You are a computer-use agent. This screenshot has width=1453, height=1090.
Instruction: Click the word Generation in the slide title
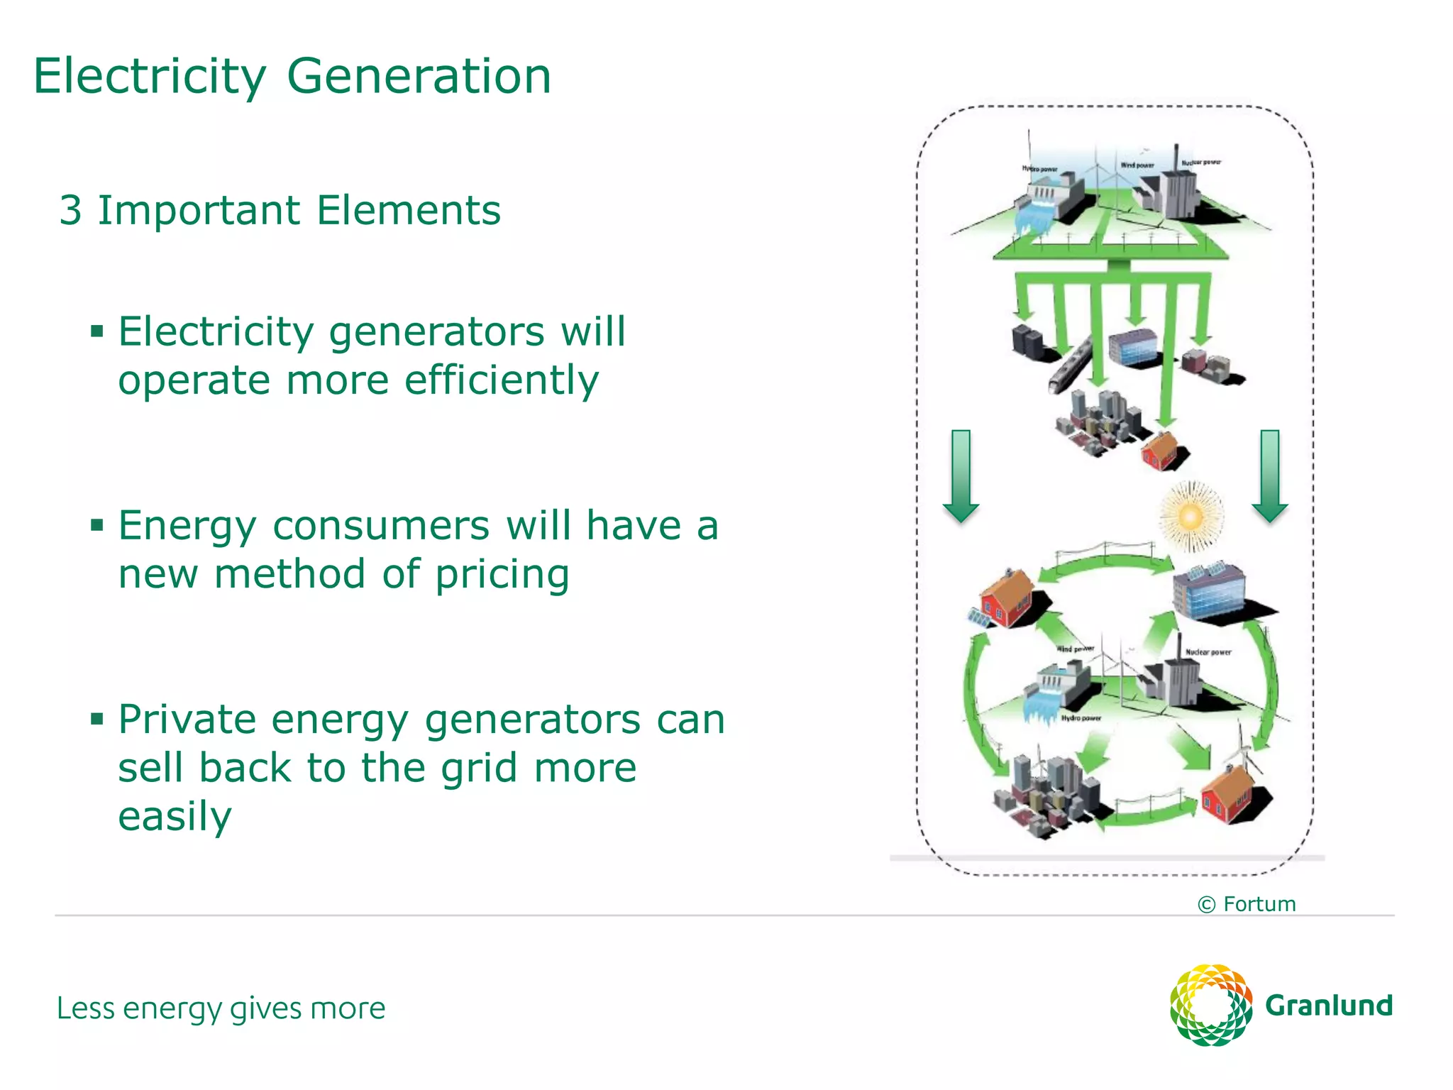point(419,77)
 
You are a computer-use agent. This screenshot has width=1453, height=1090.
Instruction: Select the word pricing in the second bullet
point(502,575)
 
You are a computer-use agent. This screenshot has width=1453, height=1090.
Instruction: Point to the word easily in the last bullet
point(175,817)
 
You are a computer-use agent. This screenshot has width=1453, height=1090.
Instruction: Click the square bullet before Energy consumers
point(97,525)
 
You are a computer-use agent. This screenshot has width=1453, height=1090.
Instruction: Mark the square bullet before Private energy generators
point(97,720)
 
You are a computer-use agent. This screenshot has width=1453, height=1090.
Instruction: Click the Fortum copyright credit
point(1247,904)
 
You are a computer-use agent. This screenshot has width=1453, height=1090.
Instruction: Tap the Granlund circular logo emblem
point(1210,1005)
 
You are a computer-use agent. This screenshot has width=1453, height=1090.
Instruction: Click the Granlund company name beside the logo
point(1329,1006)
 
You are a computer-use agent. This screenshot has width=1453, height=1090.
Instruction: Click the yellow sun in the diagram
point(1191,516)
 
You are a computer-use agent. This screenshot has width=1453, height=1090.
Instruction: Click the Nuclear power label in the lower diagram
point(1208,652)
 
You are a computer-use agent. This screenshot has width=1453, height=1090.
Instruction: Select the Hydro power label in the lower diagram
point(1081,718)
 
